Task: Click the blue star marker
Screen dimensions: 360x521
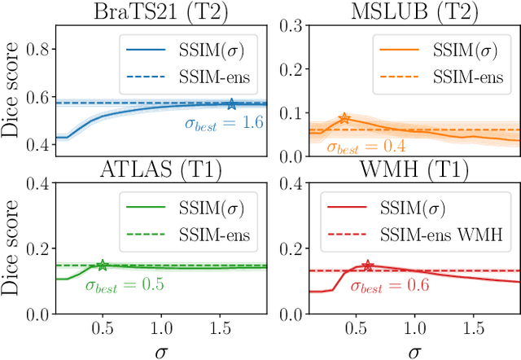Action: [x=232, y=103]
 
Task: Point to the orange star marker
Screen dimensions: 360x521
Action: [x=344, y=119]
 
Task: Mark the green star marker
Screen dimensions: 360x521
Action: [x=103, y=265]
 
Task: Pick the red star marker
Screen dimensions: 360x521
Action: [x=367, y=266]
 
